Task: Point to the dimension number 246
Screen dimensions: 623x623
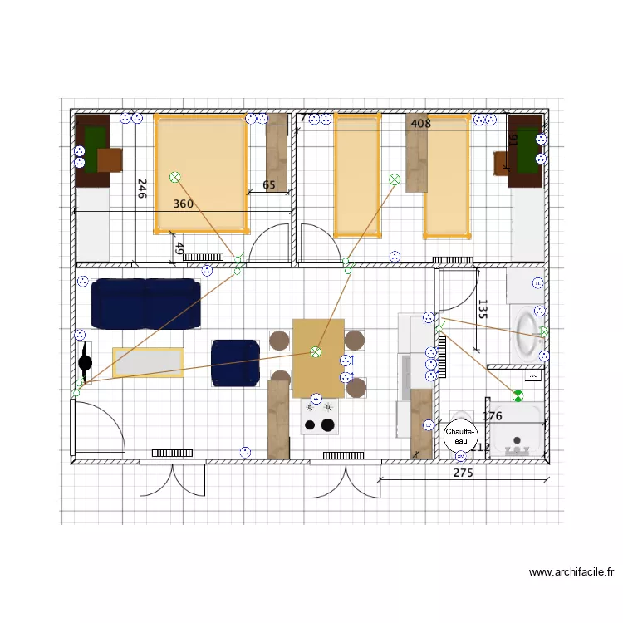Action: tap(142, 189)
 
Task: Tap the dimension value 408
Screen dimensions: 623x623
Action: tap(421, 124)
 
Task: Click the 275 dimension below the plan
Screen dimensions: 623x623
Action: tap(463, 473)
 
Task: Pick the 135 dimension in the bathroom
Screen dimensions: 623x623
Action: tap(483, 310)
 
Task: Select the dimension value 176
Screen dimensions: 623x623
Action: tap(493, 416)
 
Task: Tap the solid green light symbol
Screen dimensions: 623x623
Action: tap(518, 396)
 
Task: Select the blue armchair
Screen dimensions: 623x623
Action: tap(235, 363)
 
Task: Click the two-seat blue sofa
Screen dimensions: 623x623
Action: tap(145, 303)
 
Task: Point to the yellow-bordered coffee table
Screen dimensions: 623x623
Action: tap(148, 362)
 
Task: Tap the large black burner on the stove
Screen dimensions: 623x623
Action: tap(328, 425)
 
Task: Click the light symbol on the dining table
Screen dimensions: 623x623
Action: tap(315, 352)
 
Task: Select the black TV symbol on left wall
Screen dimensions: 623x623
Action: tap(85, 362)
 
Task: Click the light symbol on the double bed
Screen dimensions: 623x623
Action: tap(174, 177)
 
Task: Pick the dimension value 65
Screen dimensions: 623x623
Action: tap(268, 185)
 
